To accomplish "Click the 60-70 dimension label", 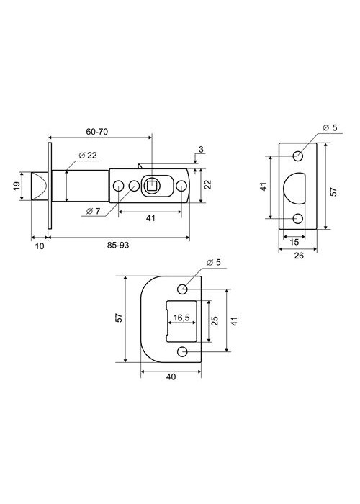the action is pyautogui.click(x=96, y=132).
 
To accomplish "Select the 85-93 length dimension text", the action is pyautogui.click(x=118, y=245).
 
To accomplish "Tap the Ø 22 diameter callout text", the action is pyautogui.click(x=88, y=156).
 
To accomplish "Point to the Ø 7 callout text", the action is pyautogui.click(x=93, y=211).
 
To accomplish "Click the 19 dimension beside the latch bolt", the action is pyautogui.click(x=17, y=186).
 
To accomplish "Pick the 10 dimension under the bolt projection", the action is pyautogui.click(x=39, y=246).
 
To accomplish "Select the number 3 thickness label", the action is pyautogui.click(x=201, y=150).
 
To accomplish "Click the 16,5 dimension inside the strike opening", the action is pyautogui.click(x=181, y=318).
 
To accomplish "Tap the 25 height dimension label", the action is pyautogui.click(x=215, y=321).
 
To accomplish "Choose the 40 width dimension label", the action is pyautogui.click(x=171, y=377).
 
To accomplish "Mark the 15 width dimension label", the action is pyautogui.click(x=294, y=242).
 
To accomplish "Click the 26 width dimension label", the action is pyautogui.click(x=299, y=256).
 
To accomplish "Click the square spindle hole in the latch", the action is pyautogui.click(x=150, y=186).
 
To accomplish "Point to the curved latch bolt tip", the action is pyautogui.click(x=40, y=186).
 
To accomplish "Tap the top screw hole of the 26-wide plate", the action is pyautogui.click(x=298, y=156).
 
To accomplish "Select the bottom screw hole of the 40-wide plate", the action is pyautogui.click(x=182, y=352).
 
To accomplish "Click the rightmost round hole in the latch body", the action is pyautogui.click(x=181, y=186).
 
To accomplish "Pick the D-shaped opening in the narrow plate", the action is pyautogui.click(x=294, y=189).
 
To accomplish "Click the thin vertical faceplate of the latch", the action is pyautogui.click(x=50, y=186).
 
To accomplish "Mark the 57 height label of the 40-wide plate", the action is pyautogui.click(x=119, y=318).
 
